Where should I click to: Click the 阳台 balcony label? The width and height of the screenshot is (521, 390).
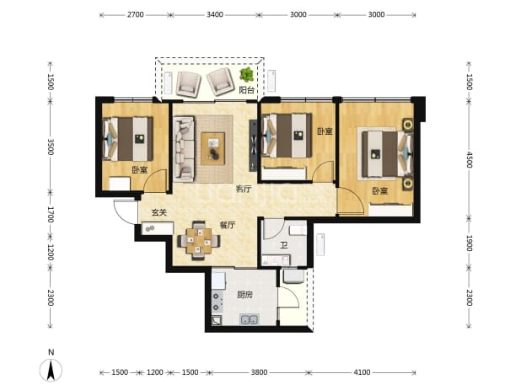tap(247, 89)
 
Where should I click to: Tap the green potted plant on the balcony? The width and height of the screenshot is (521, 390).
tap(246, 75)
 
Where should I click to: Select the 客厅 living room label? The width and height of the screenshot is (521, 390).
tap(244, 189)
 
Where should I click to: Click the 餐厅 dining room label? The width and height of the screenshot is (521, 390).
tap(228, 225)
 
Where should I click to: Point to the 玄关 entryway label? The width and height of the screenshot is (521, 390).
tap(158, 212)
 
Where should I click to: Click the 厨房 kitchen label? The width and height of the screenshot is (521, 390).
tap(244, 295)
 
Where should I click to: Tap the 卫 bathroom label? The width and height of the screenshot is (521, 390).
tap(283, 245)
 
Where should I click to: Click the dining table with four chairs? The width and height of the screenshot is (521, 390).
tap(199, 240)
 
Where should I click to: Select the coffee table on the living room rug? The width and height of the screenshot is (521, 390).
tap(213, 148)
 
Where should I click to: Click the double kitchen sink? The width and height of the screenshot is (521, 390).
tap(250, 319)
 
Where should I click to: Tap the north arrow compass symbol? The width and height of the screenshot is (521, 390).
tap(51, 370)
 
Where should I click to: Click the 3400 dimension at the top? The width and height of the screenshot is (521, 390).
tap(215, 14)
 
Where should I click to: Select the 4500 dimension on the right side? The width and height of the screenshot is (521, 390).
tap(469, 160)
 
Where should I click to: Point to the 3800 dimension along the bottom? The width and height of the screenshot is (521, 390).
tap(259, 372)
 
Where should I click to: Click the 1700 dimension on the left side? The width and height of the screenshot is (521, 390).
tap(51, 215)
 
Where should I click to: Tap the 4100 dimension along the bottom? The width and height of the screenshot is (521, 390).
tap(362, 372)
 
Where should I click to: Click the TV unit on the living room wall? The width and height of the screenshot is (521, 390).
tap(253, 146)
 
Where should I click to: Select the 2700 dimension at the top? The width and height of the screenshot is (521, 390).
tap(135, 14)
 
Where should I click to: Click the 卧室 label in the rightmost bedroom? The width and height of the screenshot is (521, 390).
tap(379, 191)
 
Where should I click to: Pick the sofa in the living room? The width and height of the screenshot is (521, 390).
tap(184, 149)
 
